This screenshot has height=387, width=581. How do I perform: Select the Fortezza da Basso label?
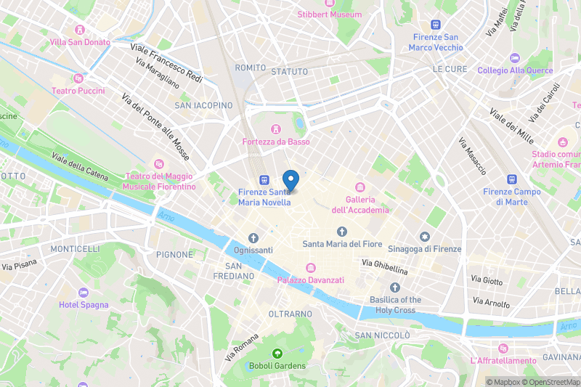pos(275,142)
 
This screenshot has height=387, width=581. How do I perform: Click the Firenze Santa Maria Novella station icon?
pos(264,179)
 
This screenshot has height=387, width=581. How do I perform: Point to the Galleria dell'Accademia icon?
pos(360,187)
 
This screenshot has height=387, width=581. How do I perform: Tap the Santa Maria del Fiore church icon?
pos(341,232)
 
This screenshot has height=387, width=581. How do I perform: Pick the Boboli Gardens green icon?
pos(276,354)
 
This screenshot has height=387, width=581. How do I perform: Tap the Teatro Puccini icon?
pos(78,78)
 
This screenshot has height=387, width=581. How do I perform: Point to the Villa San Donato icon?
pos(80,30)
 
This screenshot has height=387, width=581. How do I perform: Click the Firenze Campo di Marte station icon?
pos(512,179)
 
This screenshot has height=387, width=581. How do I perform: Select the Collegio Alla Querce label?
pos(515,70)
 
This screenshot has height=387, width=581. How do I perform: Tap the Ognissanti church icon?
pos(253,237)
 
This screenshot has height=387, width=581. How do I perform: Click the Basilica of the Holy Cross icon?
pos(396,288)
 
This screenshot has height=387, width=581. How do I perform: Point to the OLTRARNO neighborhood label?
pos(290,314)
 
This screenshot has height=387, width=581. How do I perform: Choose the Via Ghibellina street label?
pos(384,266)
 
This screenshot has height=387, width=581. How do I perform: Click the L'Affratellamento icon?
pos(504,349)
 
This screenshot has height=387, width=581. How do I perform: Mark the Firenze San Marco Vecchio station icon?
pos(436,25)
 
